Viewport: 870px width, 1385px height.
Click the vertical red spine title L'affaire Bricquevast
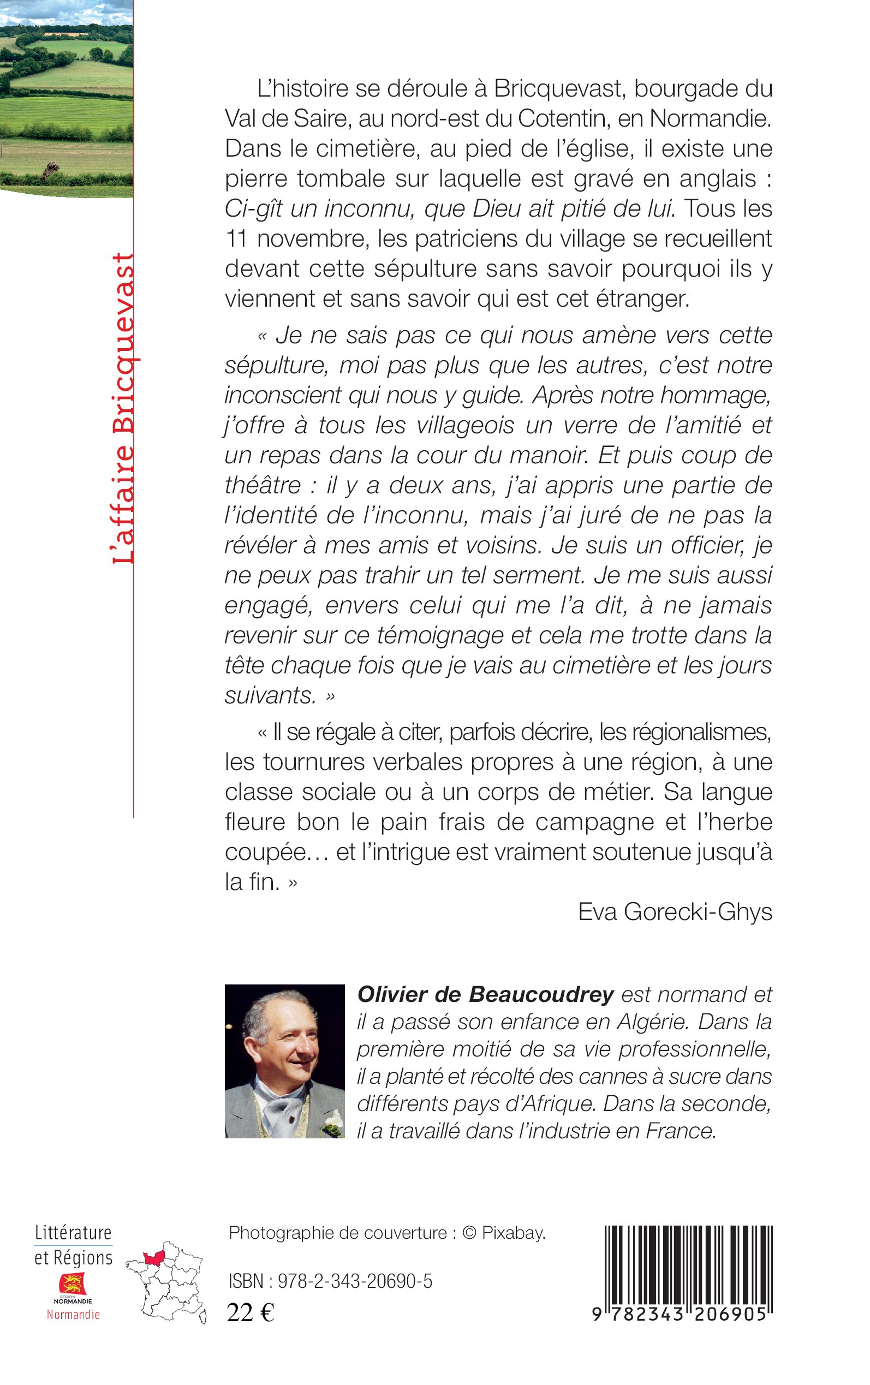coord(123,408)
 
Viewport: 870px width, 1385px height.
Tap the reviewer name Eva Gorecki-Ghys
coord(675,912)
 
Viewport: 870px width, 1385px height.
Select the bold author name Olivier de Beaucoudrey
coord(485,994)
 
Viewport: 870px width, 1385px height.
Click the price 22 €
coord(251,1312)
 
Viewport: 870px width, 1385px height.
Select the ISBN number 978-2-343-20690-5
coord(355,1281)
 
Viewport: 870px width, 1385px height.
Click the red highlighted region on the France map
coord(154,1258)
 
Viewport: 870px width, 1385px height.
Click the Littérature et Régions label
coord(73,1245)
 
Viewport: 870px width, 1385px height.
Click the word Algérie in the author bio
coord(654,1022)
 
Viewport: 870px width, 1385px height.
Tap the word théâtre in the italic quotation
coord(263,486)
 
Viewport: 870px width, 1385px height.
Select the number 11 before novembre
coord(236,238)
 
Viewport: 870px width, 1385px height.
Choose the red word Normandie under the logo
coord(73,1315)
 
